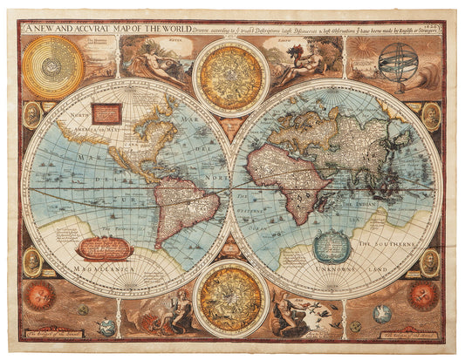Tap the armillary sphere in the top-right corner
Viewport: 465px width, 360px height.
(403, 63)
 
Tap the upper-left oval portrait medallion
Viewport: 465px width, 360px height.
(32, 115)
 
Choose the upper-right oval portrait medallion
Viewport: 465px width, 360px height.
(431, 115)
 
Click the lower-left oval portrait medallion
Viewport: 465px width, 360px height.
(32, 261)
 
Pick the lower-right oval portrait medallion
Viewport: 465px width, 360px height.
(430, 261)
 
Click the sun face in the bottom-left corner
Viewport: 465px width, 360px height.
(38, 295)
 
